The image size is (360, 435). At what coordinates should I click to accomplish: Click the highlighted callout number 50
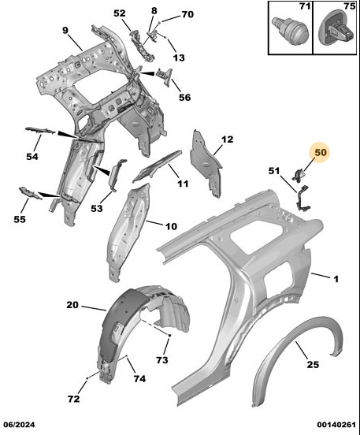click(321, 153)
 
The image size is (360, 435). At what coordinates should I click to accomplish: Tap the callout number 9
click(65, 30)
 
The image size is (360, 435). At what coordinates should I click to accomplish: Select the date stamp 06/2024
click(20, 425)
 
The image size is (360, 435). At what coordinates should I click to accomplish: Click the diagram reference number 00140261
click(336, 425)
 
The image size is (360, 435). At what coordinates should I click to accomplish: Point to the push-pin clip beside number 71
click(291, 30)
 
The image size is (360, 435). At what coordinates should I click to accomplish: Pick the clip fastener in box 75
click(336, 28)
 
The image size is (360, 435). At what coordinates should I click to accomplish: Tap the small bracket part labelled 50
click(299, 175)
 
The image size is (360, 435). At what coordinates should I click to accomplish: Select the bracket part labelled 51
click(303, 199)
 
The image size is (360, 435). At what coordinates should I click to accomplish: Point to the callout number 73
click(162, 360)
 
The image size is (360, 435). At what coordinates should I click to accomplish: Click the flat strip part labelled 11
click(157, 166)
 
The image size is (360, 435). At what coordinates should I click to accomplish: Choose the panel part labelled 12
click(206, 164)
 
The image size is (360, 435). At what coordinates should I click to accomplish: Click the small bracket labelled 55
click(30, 193)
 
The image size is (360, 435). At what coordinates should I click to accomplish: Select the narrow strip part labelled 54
click(40, 130)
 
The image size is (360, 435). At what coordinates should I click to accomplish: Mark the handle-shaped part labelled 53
click(117, 174)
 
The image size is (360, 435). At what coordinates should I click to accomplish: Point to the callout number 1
click(336, 279)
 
